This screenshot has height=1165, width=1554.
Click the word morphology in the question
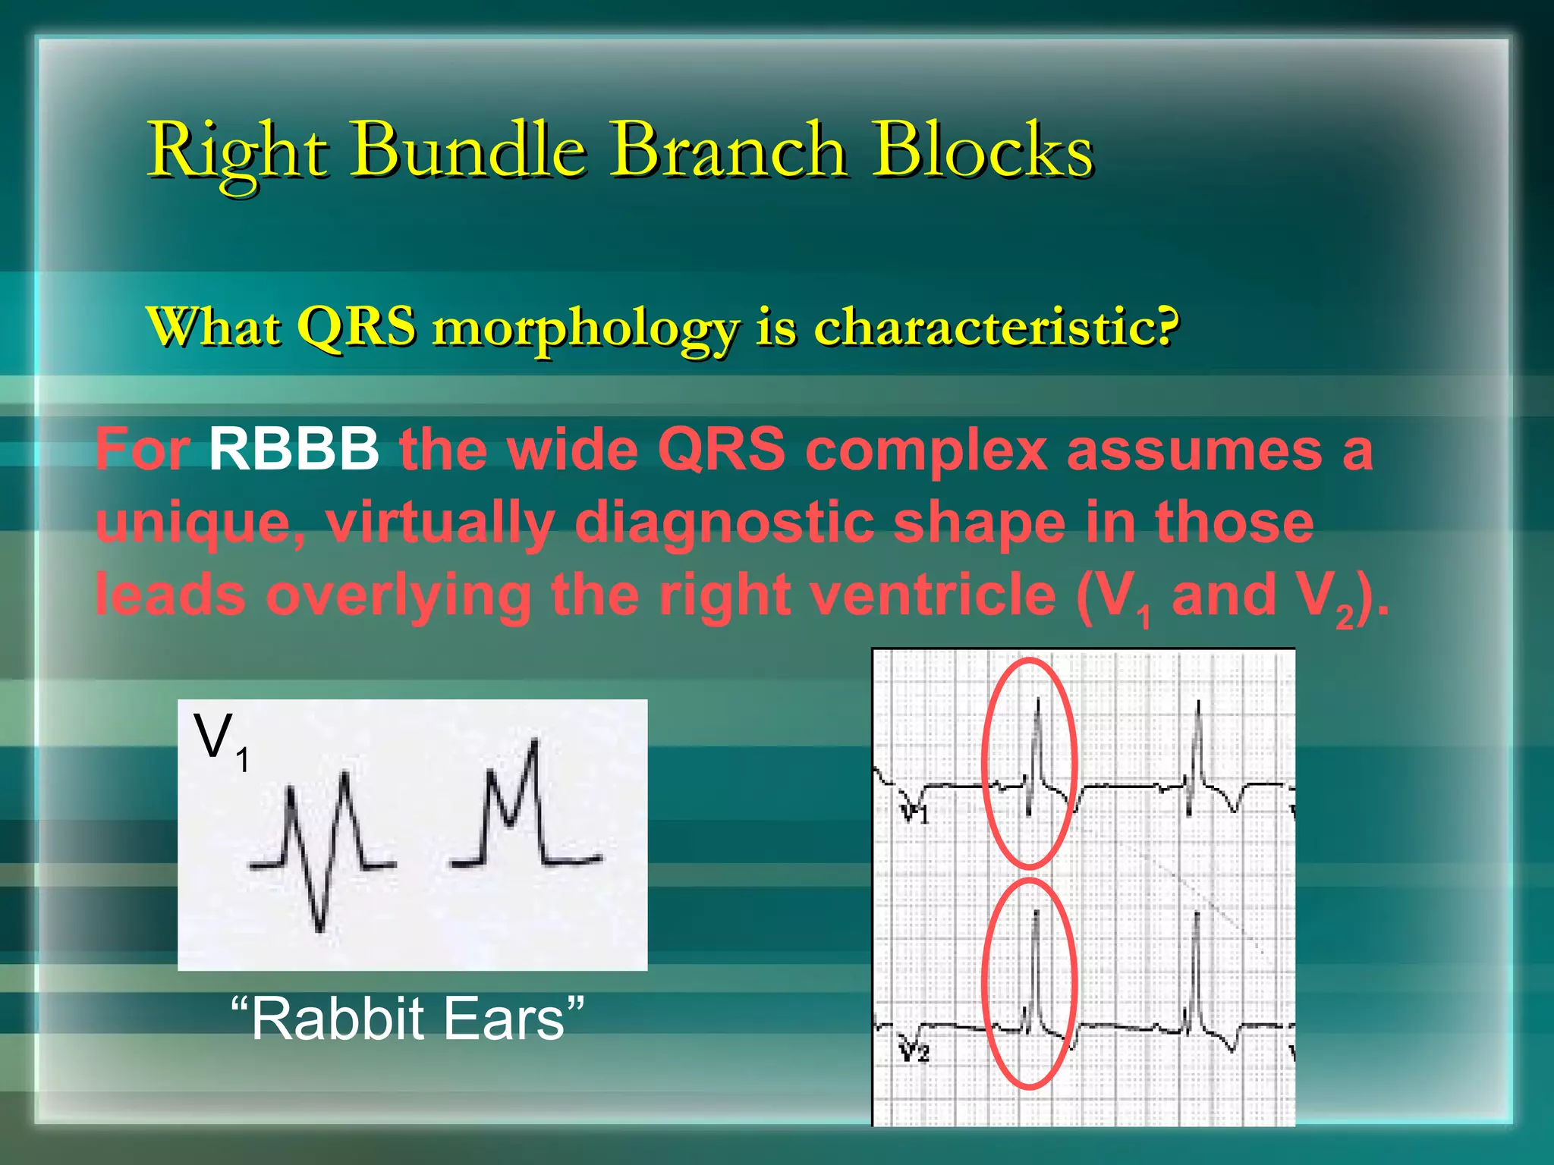click(x=585, y=328)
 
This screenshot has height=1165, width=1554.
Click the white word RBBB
click(x=294, y=449)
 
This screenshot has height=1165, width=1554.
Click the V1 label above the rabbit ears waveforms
click(x=220, y=740)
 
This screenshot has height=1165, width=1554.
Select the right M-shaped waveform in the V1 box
click(x=524, y=812)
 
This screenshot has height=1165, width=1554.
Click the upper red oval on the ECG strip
click(x=1030, y=762)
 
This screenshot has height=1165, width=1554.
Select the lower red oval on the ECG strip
click(x=1030, y=984)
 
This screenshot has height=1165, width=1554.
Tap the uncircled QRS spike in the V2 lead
click(x=1195, y=978)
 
